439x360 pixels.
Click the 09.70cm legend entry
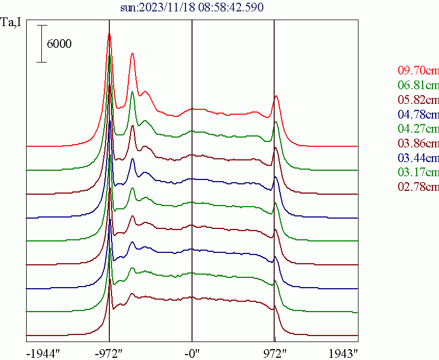click(x=418, y=70)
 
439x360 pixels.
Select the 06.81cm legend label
click(x=418, y=85)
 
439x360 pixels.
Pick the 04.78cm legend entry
click(x=418, y=114)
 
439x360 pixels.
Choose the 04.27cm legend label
click(x=418, y=129)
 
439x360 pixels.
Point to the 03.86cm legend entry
click(x=418, y=144)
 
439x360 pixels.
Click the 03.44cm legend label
click(x=418, y=158)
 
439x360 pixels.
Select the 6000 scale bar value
click(x=59, y=45)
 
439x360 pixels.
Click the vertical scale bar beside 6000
click(x=41, y=44)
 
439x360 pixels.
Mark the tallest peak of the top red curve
click(x=109, y=34)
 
